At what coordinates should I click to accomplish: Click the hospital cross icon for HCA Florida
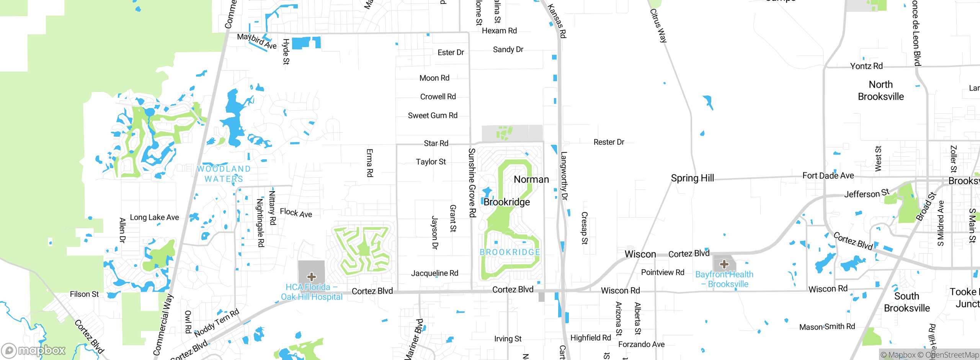312,277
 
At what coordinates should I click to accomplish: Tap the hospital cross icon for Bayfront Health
724,264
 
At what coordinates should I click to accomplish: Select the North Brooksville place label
880,90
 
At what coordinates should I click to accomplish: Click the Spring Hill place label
692,178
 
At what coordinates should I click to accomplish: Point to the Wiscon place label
640,254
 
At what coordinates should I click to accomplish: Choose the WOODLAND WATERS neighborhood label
224,174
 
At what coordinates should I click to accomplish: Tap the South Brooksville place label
906,302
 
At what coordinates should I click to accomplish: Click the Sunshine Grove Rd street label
472,183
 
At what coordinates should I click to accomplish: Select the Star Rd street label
436,143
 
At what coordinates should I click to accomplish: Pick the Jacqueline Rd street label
434,273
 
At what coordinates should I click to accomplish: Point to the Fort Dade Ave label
828,176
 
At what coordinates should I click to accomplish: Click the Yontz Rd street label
866,66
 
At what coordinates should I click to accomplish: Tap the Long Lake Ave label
154,218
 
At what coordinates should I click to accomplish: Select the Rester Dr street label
609,142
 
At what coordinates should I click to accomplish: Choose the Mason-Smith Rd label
827,327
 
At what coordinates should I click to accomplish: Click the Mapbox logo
34,350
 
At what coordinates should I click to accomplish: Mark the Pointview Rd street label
662,272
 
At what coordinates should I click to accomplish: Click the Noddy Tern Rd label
217,322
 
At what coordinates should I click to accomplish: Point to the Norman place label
531,179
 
